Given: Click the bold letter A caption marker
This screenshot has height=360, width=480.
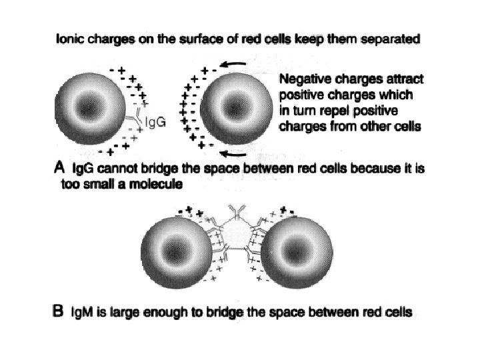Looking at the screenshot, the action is [58, 169].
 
